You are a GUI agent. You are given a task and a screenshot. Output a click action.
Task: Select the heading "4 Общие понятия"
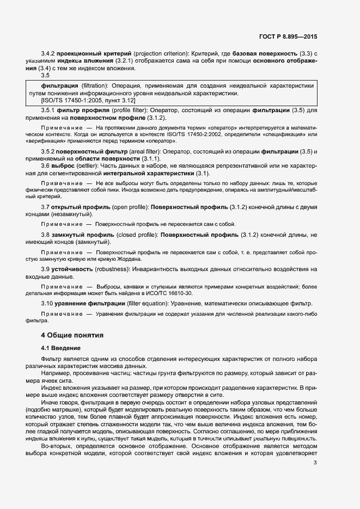[72, 335]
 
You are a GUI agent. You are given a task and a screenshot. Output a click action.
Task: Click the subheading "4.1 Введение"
[61, 348]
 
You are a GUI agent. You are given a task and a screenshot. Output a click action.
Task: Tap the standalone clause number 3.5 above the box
[45, 76]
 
